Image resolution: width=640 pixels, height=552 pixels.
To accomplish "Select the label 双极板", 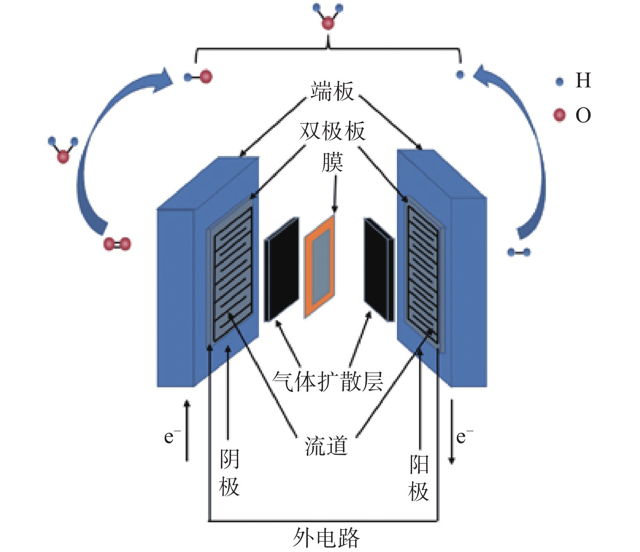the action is coord(332,131).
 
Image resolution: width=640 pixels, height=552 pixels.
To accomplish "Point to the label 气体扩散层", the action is coord(328,382).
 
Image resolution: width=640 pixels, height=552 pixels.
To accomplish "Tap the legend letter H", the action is coord(584,80).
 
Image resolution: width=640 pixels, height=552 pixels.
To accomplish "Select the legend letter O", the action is coord(584,115).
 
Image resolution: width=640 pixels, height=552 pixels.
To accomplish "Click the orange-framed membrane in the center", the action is coord(319,266).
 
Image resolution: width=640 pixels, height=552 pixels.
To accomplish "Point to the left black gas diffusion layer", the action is coord(282,269).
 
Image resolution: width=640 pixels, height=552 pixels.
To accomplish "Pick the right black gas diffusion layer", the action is coord(379,269).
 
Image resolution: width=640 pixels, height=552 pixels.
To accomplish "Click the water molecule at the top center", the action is coord(328,17).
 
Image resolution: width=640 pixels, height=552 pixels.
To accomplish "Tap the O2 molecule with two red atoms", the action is coord(117,244).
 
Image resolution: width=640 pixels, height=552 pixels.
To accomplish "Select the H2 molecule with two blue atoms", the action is coord(519,252).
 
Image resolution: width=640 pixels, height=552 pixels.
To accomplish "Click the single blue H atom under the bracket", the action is coord(460,75).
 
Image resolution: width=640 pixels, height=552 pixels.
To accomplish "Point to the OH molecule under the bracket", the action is coord(198,77).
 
